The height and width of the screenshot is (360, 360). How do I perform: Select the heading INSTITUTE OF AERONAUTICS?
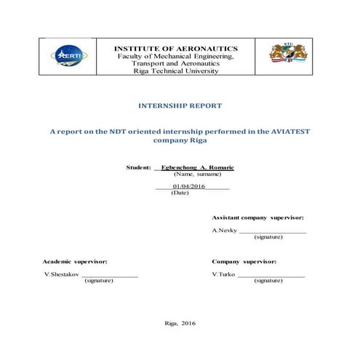click(x=175, y=49)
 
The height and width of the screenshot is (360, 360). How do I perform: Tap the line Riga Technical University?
click(x=175, y=71)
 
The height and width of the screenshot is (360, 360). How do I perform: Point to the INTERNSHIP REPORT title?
click(x=180, y=105)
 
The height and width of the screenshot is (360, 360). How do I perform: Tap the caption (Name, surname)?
click(x=193, y=175)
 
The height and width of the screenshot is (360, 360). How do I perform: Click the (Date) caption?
click(x=179, y=193)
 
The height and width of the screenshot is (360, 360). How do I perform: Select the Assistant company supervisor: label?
click(x=257, y=218)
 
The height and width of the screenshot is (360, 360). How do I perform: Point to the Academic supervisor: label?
click(x=75, y=260)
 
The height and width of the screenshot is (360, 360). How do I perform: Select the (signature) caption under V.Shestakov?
click(x=99, y=280)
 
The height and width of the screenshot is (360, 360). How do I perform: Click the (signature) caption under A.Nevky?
click(x=268, y=237)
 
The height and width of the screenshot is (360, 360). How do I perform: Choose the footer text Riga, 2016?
click(x=181, y=322)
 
